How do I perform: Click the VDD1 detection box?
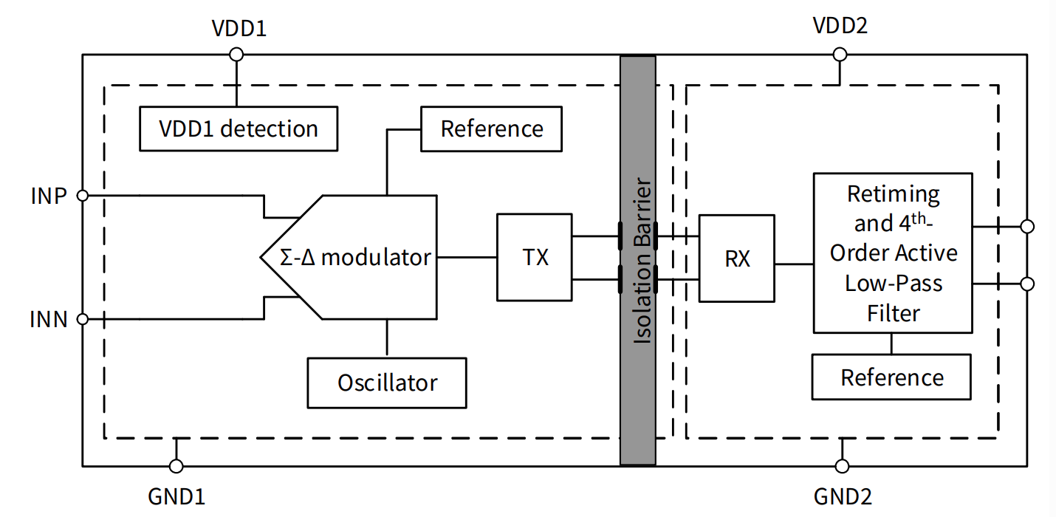coord(239,129)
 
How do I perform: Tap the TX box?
coord(535,257)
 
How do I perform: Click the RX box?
coord(736,258)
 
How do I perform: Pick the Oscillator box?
coord(387,383)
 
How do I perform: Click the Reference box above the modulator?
coord(491,129)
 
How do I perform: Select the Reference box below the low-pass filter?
coord(891,377)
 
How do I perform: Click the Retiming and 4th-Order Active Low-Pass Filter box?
coord(892,253)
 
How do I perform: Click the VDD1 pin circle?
coord(236,54)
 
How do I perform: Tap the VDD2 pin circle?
coord(840,54)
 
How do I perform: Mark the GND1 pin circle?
coord(176,466)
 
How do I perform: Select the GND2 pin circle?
coord(842,466)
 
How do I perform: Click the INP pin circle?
coord(83,196)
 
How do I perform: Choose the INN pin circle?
coord(83,319)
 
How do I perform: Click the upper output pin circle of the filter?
coord(1026,226)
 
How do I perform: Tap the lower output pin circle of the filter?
coord(1026,284)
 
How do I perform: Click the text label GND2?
coord(842,496)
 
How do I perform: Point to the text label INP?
coord(49,196)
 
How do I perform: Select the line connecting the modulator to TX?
coord(467,257)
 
